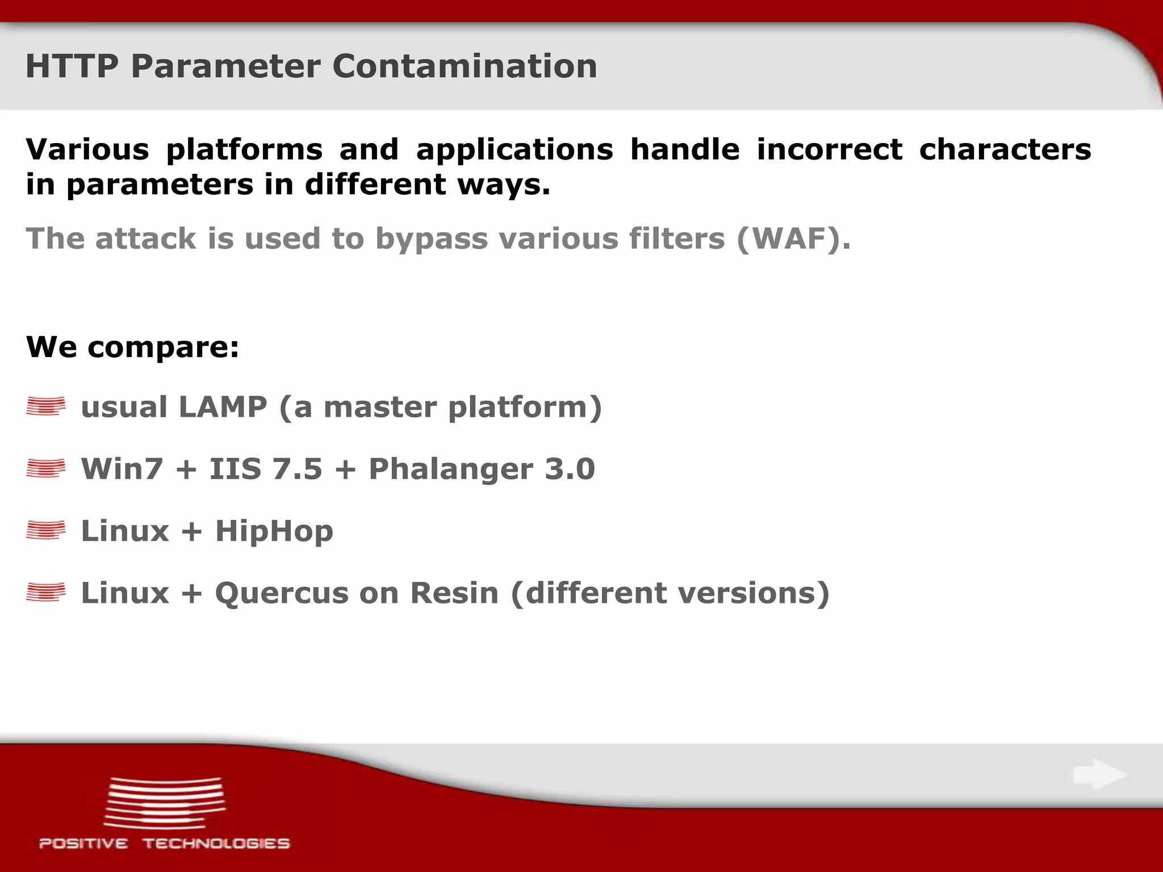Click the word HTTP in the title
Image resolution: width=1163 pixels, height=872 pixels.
(x=72, y=66)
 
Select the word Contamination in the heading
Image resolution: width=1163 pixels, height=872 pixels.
(x=465, y=66)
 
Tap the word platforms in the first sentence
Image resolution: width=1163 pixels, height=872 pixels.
(x=244, y=150)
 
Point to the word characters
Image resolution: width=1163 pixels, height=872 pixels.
(x=1005, y=150)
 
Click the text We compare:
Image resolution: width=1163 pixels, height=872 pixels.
(x=132, y=346)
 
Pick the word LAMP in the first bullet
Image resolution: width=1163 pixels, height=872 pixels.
(x=222, y=407)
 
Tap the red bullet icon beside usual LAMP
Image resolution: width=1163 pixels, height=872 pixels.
(x=45, y=406)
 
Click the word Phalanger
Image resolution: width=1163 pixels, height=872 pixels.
(x=450, y=469)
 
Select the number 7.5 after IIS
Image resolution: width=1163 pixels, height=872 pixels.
(x=297, y=469)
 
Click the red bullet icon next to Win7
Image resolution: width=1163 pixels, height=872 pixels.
(x=45, y=468)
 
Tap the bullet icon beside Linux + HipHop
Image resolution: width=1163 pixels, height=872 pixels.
(x=45, y=530)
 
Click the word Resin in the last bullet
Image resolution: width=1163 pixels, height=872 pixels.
(x=454, y=593)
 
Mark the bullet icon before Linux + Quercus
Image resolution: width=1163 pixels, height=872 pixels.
(x=45, y=592)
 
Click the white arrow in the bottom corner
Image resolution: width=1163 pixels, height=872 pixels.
(x=1099, y=774)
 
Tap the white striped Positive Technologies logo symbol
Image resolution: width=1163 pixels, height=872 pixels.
(x=164, y=802)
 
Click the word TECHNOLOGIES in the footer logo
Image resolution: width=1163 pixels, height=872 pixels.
(x=216, y=844)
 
